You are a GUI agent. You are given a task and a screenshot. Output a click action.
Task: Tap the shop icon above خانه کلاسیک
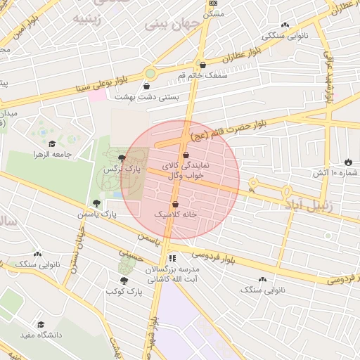tap(175, 204)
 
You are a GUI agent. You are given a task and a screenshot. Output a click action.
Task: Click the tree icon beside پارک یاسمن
tap(96, 204)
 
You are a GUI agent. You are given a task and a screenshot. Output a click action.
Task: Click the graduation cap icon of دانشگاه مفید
tap(41, 325)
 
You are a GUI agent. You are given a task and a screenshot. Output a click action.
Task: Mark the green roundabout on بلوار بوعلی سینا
tap(150, 73)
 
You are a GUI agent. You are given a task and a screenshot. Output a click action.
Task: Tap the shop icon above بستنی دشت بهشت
tap(146, 86)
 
